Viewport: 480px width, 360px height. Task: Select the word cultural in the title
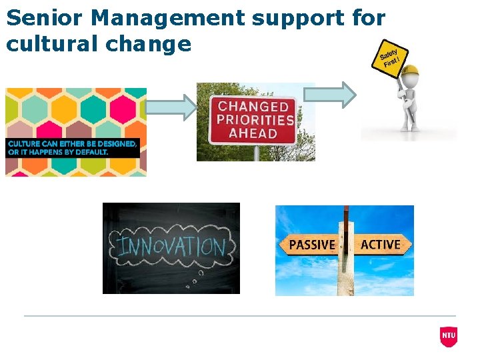pyautogui.click(x=49, y=44)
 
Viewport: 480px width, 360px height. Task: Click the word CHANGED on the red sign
pyautogui.click(x=253, y=106)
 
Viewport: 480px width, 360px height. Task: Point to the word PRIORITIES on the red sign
pyautogui.click(x=253, y=120)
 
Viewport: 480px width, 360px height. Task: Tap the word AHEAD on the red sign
pyautogui.click(x=253, y=133)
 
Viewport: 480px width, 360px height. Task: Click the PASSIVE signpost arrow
pyautogui.click(x=311, y=245)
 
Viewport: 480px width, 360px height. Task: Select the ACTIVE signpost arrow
pyautogui.click(x=382, y=245)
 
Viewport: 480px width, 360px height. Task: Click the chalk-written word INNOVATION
pyautogui.click(x=171, y=247)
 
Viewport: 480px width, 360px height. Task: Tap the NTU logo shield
pyautogui.click(x=449, y=337)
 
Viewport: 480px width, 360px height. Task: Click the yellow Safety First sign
pyautogui.click(x=389, y=58)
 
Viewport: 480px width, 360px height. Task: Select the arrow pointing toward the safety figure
pyautogui.click(x=339, y=95)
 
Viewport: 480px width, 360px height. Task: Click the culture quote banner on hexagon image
pyautogui.click(x=73, y=147)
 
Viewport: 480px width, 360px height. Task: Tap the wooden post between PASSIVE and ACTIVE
pyautogui.click(x=345, y=267)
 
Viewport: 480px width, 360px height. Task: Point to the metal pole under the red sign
pyautogui.click(x=255, y=153)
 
